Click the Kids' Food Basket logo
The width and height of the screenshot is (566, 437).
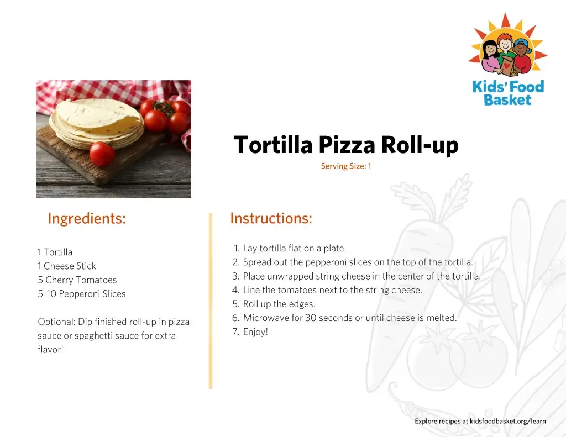pos(507,60)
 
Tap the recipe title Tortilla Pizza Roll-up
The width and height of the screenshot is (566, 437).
pos(346,145)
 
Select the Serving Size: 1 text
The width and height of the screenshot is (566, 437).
pos(346,166)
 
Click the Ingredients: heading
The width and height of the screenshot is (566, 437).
pos(87,219)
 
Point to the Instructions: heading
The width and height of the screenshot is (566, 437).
pos(271,218)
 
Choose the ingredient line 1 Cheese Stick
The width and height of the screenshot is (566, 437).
pos(67,266)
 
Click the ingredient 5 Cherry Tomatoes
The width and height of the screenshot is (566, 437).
pos(77,280)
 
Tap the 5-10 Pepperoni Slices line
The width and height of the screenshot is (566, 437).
pos(82,294)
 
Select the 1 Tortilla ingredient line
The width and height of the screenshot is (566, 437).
pos(55,252)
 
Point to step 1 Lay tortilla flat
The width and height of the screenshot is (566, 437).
pos(290,248)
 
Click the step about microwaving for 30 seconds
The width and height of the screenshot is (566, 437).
pos(345,318)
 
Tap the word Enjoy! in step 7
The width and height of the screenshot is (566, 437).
pos(255,332)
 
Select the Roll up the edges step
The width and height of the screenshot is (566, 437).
pos(274,304)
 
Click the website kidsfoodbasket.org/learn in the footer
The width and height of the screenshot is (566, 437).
pos(507,421)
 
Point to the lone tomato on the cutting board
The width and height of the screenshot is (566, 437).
pos(102,154)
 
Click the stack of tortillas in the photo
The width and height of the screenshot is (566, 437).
pos(97,123)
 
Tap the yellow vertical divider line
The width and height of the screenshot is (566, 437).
pos(211,301)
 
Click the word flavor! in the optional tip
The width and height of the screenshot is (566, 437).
pos(50,349)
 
